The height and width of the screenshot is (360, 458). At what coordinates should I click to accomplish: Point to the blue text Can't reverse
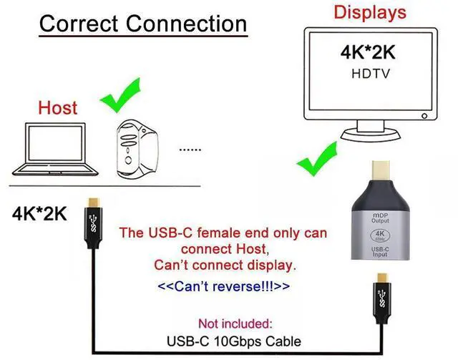224,287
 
